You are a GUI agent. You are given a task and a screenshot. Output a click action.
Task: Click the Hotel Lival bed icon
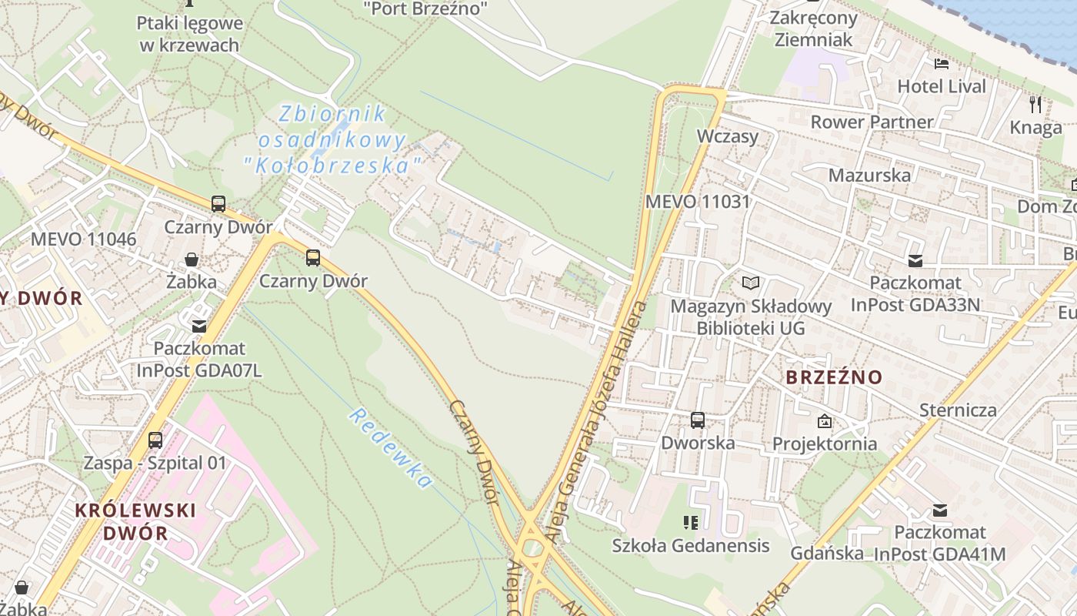point(940,64)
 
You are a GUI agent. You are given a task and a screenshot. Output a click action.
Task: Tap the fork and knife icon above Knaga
point(1035,103)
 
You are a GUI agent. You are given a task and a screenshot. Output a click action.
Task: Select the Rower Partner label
point(871,122)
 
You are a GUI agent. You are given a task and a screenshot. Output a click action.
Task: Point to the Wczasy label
point(727,136)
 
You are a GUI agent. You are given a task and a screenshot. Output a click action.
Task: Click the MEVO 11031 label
point(697,202)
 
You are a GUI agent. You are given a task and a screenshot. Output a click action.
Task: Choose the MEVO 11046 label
point(83,239)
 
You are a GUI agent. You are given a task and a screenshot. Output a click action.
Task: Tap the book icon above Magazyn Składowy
point(750,283)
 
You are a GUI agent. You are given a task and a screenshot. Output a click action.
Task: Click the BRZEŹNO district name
point(834,377)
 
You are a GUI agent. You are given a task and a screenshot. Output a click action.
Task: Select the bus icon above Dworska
point(698,420)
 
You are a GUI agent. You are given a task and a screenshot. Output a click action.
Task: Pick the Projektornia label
point(824,444)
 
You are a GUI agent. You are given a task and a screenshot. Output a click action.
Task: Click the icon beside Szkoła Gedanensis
point(690,524)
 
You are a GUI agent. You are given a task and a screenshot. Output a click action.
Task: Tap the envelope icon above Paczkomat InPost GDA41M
point(939,510)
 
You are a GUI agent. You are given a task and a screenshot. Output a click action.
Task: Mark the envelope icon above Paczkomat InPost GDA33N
point(915,261)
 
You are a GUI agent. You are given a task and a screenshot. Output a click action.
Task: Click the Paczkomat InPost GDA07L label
point(199,359)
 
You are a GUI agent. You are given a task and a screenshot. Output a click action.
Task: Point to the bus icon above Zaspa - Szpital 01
point(155,440)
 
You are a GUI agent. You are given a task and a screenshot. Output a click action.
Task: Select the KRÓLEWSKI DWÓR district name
point(135,521)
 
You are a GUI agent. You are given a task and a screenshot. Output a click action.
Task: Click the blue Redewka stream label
point(390,448)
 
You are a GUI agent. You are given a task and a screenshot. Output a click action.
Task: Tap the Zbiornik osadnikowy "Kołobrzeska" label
point(332,139)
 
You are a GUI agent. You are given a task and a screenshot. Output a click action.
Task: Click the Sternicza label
point(958,410)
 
